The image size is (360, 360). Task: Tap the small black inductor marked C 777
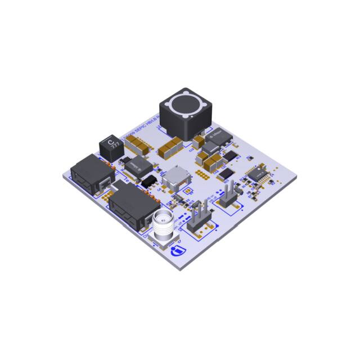110,147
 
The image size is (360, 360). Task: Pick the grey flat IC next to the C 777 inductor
136,166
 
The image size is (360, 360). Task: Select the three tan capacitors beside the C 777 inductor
138,146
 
